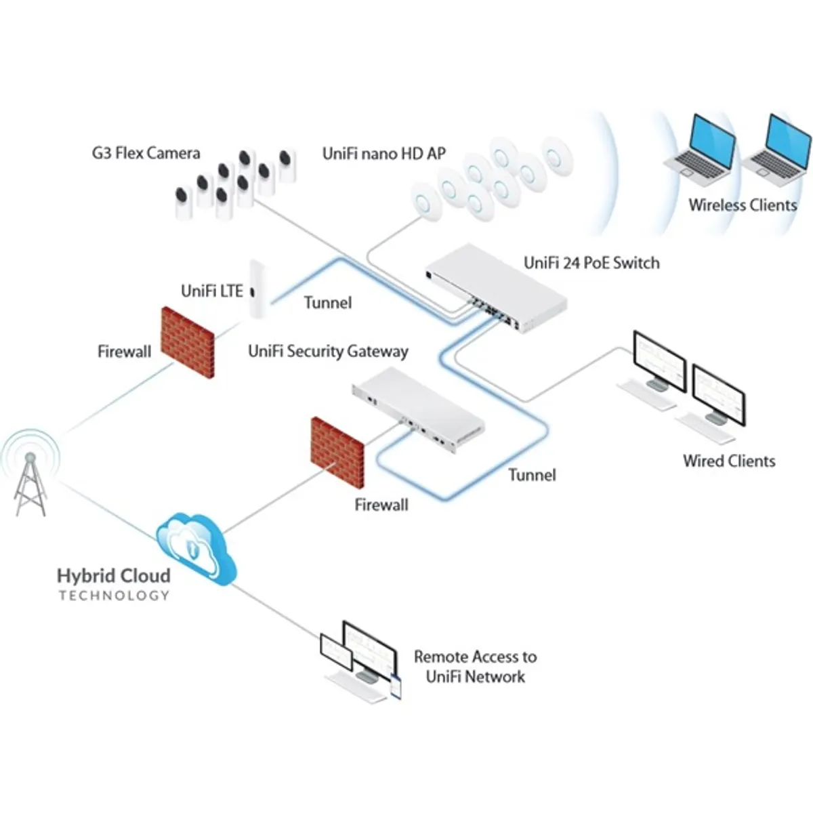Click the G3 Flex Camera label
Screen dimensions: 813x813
click(146, 153)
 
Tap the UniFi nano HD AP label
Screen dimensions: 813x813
click(384, 153)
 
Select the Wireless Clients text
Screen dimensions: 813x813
click(743, 205)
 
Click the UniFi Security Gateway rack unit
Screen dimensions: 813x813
click(419, 411)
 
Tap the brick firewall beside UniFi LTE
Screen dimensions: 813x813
click(188, 342)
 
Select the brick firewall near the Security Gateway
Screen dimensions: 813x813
click(337, 452)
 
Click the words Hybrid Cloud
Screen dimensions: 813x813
click(113, 576)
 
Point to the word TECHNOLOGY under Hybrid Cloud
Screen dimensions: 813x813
click(114, 596)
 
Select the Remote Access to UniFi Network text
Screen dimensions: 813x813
click(475, 666)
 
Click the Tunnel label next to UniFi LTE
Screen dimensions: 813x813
click(327, 302)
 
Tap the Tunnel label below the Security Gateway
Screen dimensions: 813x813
click(532, 475)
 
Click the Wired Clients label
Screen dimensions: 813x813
click(729, 461)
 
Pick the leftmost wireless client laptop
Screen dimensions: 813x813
click(701, 153)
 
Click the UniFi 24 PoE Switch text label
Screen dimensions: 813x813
click(591, 263)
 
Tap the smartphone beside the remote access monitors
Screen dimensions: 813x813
click(396, 687)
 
